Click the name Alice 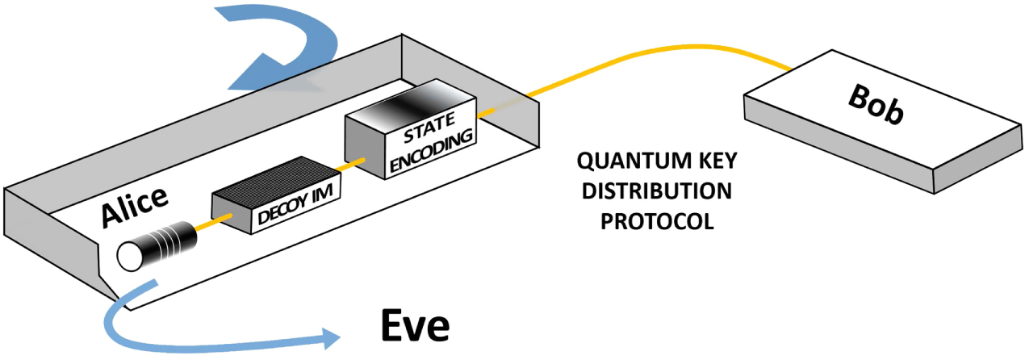point(135,209)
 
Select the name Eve point(414,327)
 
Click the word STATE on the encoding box point(416,132)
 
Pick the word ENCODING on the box point(427,150)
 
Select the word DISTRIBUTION point(655,192)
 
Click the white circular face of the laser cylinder point(130,257)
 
